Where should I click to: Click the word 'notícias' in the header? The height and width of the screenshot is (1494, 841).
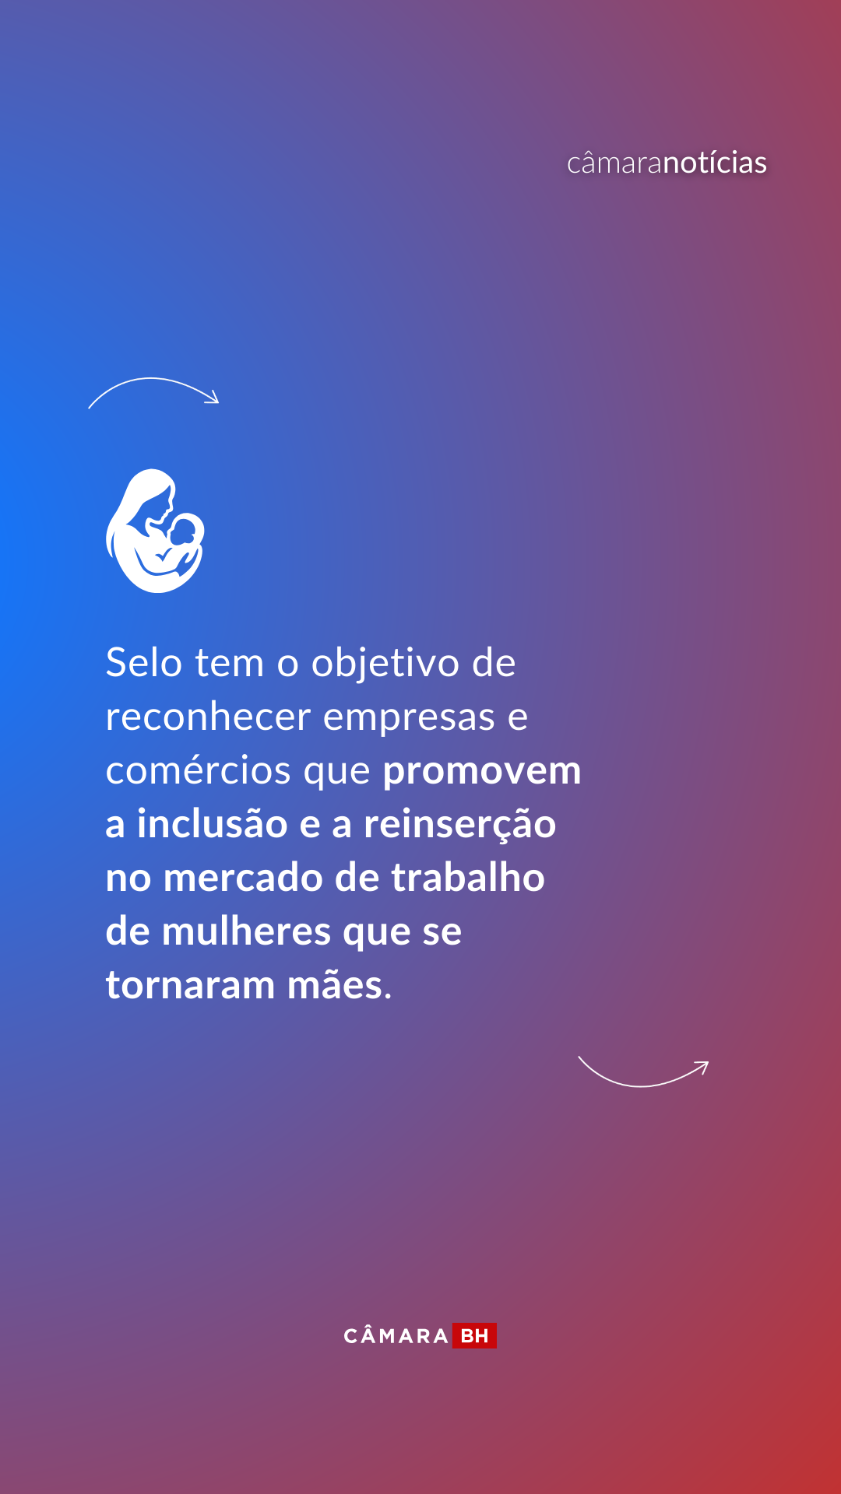click(x=715, y=163)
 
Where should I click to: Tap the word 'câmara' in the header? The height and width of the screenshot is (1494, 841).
click(x=614, y=163)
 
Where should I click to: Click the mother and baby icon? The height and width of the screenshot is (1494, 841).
click(x=155, y=531)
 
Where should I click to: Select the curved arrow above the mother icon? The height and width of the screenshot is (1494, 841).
click(x=153, y=379)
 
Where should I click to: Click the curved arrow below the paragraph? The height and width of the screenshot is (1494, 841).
click(x=642, y=1085)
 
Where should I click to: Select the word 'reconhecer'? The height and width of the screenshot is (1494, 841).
click(x=208, y=717)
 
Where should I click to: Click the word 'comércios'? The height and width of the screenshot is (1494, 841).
click(x=199, y=770)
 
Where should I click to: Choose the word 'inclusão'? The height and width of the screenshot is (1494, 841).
click(x=212, y=824)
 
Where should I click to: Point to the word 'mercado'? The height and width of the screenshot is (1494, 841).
click(x=243, y=878)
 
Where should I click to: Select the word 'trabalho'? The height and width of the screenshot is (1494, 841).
click(x=467, y=878)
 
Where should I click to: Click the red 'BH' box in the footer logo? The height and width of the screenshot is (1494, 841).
click(x=474, y=1336)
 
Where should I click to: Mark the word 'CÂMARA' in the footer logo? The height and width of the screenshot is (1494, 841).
click(x=396, y=1336)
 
